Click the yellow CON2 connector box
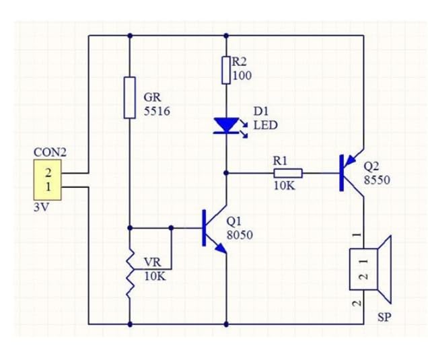point(48,180)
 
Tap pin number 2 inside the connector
point(48,173)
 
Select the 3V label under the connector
point(41,208)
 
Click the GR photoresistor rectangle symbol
point(130,98)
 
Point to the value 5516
point(157,111)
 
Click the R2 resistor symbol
point(226,70)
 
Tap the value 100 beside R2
point(242,75)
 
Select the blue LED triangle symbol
point(226,126)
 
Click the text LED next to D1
point(266,125)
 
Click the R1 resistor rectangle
point(288,174)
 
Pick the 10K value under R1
point(285,186)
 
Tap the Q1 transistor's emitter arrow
point(221,248)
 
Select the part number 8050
point(240,235)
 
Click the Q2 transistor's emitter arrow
point(351,161)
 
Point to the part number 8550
point(377,180)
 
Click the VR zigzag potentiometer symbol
point(130,273)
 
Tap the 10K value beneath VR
point(155,277)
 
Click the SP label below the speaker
point(384,317)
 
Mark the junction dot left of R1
point(226,173)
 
